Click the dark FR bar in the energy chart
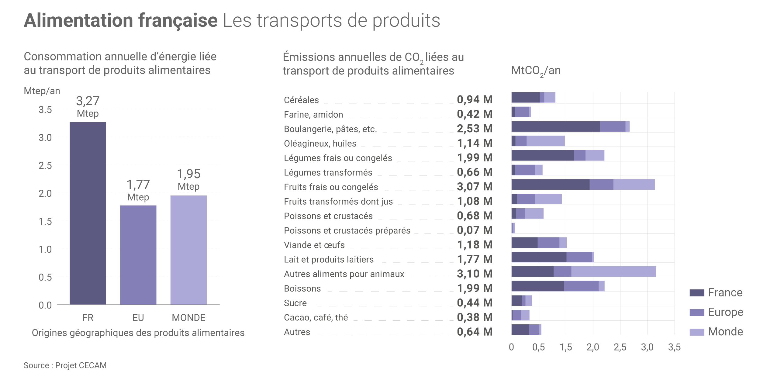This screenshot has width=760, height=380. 88,213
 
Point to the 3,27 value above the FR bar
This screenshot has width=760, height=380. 88,101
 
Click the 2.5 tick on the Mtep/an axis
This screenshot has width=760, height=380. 45,166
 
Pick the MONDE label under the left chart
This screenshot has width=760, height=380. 188,318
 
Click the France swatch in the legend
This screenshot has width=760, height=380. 697,293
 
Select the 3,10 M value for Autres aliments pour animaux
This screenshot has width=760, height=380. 475,274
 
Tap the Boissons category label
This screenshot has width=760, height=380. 302,288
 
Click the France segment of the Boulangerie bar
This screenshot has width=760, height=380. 555,126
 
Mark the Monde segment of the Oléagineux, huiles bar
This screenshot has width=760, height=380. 545,141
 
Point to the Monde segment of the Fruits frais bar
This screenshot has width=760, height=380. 634,185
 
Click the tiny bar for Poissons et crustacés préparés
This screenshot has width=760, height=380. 513,228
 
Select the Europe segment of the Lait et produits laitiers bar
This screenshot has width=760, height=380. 579,257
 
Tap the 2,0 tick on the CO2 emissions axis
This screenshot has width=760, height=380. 592,347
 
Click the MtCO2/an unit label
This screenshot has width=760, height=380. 536,71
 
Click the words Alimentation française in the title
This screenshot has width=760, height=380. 121,20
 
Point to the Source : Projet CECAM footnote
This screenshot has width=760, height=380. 65,365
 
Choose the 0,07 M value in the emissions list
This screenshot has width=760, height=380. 475,230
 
